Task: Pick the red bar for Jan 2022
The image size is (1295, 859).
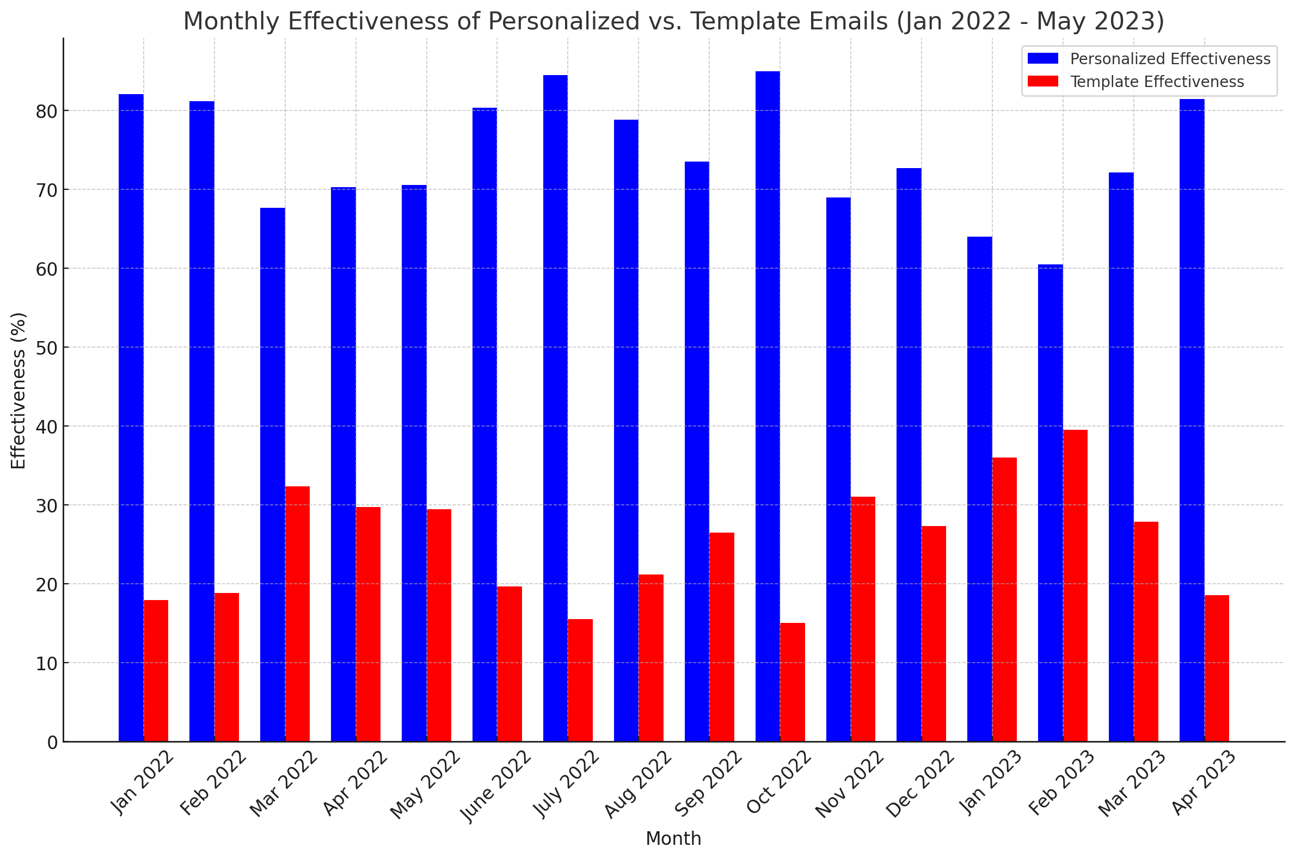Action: [x=156, y=671]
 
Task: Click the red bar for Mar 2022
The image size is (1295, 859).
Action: [x=297, y=614]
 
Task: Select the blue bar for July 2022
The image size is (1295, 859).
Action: [x=555, y=408]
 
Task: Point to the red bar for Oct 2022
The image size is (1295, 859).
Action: [x=793, y=682]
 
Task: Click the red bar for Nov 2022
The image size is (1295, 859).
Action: [x=863, y=619]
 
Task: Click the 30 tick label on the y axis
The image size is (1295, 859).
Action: [x=47, y=505]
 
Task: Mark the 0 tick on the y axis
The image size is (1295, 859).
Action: [x=53, y=743]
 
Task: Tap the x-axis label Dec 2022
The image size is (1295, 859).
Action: [x=920, y=784]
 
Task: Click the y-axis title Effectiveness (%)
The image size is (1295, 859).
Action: [x=19, y=391]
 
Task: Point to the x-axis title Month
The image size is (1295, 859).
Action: [x=673, y=839]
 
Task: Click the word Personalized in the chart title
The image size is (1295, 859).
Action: [x=563, y=21]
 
